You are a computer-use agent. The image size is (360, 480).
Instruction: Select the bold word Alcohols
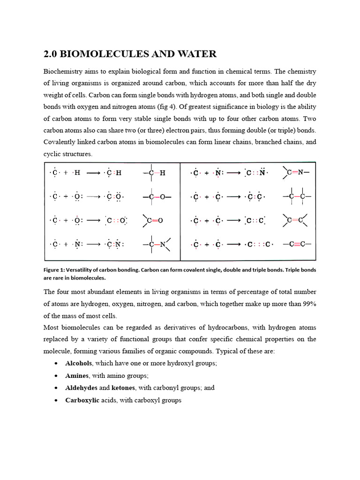click(x=79, y=363)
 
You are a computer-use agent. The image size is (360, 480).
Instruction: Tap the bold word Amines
click(x=76, y=375)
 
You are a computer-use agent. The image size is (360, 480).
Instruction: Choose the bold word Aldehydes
click(x=81, y=388)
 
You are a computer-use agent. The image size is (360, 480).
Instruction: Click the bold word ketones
click(x=122, y=388)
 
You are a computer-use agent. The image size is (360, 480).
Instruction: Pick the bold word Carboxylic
click(x=82, y=400)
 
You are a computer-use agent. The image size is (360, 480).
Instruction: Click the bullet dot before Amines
click(x=56, y=376)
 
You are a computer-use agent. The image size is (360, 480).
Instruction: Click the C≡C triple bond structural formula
click(x=297, y=244)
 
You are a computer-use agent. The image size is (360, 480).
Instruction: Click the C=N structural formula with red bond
click(x=297, y=172)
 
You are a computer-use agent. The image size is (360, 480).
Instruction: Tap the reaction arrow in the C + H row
click(x=94, y=173)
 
